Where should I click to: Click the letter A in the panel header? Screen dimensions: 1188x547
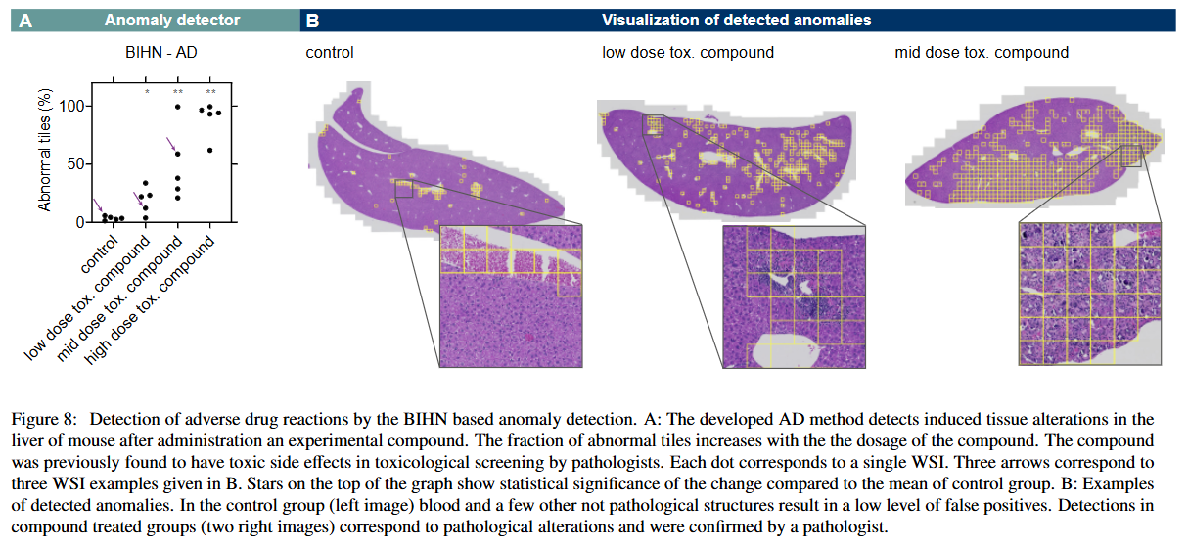[x=26, y=20]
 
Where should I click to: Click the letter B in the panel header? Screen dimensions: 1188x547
[x=312, y=20]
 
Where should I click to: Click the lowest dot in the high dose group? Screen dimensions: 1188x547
[x=209, y=150]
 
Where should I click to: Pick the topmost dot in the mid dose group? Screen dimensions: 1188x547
[x=177, y=106]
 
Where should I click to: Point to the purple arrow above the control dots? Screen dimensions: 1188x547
[x=97, y=205]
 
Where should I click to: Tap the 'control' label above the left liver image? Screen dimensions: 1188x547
[x=330, y=52]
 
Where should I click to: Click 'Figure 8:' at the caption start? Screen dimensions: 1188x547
[x=45, y=422]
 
